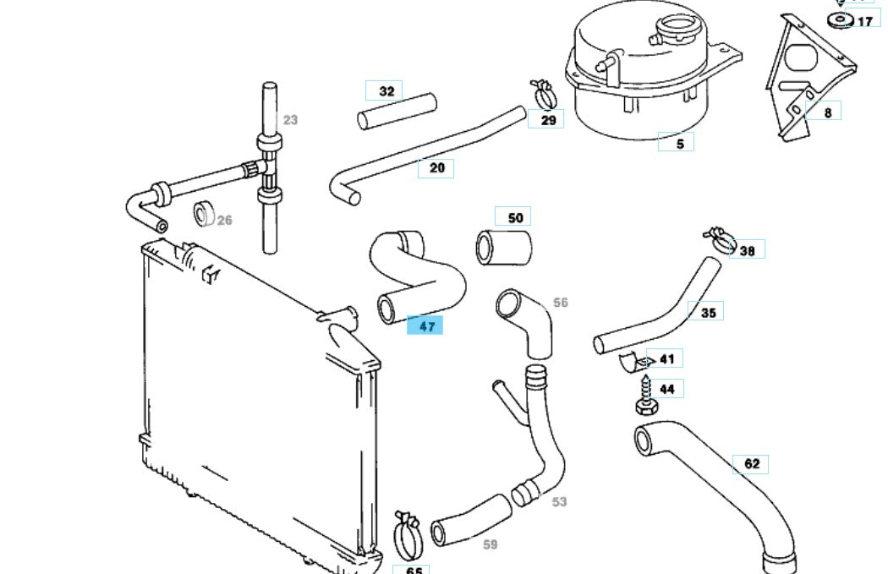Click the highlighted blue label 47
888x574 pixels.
425,324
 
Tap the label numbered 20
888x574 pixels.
436,168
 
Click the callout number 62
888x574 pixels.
752,463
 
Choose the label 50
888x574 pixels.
515,217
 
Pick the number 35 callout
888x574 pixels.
707,312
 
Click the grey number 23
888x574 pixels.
290,120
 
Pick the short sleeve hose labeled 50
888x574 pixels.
503,246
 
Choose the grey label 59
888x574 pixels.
490,544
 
